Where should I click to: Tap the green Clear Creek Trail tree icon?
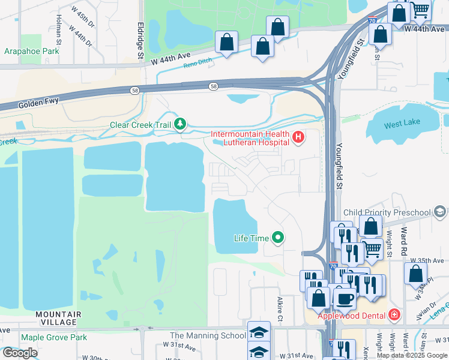(180, 125)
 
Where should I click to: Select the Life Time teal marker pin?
(277, 238)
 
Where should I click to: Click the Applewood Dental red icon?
(394, 314)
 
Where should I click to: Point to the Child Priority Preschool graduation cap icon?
(439, 212)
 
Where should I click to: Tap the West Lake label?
(402, 125)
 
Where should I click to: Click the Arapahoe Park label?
(32, 52)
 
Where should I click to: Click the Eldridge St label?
(139, 41)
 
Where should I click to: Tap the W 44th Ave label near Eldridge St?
(173, 59)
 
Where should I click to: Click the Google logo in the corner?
(19, 352)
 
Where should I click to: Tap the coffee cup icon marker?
(345, 298)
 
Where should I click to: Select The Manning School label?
(208, 335)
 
